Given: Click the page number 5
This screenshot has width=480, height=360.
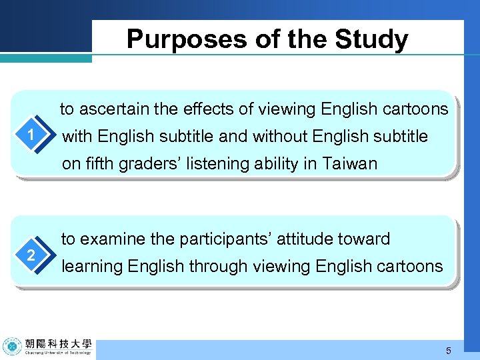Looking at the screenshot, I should click(449, 351).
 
